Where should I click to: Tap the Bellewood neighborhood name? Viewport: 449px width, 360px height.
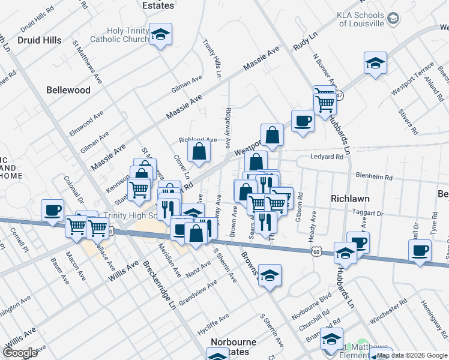click(x=68, y=90)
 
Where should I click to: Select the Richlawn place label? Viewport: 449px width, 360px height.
click(x=350, y=198)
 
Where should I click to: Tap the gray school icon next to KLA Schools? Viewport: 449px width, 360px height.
click(x=393, y=19)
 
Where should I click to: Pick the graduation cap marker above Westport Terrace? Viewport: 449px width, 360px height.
click(x=375, y=64)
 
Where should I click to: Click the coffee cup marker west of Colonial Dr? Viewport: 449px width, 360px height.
click(x=53, y=211)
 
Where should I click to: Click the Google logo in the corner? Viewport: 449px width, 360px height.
click(x=20, y=353)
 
